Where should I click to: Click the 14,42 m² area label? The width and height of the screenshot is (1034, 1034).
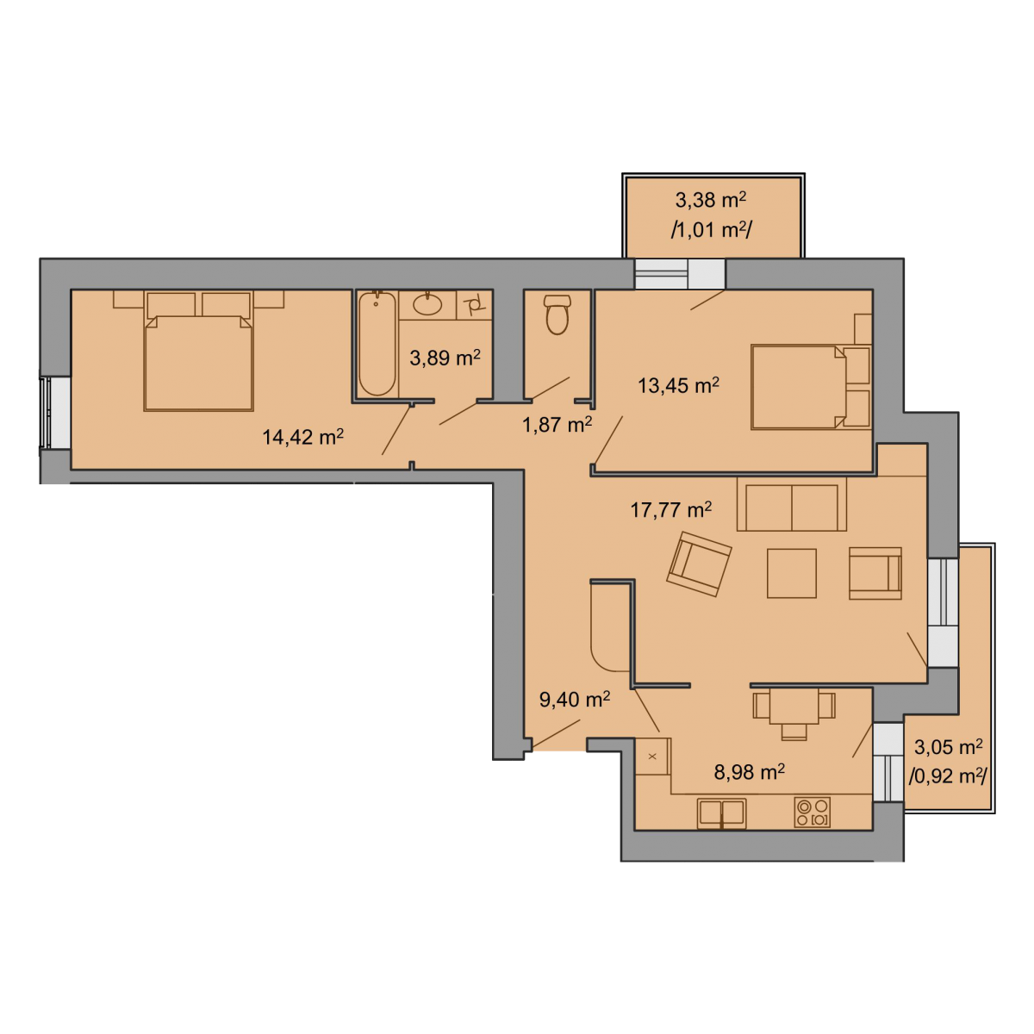click(302, 438)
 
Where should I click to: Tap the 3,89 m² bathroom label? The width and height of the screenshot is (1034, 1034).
click(445, 358)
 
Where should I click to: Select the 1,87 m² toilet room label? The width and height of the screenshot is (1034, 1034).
click(557, 425)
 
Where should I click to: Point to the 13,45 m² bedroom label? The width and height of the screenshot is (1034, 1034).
click(678, 386)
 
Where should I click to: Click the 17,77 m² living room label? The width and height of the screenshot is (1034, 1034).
click(670, 510)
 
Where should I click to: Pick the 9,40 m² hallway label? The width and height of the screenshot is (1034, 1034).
click(575, 700)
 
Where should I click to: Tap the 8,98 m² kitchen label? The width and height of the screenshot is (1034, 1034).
click(749, 772)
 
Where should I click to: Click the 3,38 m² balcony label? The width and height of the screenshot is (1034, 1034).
click(710, 200)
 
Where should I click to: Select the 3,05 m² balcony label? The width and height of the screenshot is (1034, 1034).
click(948, 747)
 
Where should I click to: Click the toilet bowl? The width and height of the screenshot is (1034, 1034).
click(557, 315)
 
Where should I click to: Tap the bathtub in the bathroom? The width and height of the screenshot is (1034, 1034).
click(377, 344)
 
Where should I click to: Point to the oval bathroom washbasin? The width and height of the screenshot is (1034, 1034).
click(427, 304)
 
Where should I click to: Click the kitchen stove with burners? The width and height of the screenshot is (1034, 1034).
click(812, 812)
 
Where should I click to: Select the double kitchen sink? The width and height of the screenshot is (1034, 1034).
click(722, 814)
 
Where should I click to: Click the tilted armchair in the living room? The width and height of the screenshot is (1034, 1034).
click(699, 564)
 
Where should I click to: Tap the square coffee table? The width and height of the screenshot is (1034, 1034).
click(792, 573)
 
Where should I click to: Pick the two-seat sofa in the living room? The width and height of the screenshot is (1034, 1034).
click(792, 504)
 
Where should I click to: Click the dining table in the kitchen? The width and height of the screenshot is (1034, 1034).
click(794, 707)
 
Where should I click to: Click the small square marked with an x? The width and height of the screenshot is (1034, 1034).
click(652, 757)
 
